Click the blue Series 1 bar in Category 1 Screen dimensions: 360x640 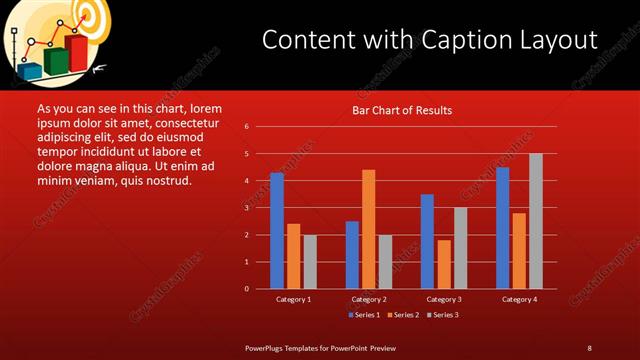click(x=277, y=231)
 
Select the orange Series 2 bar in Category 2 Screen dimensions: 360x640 click(x=368, y=229)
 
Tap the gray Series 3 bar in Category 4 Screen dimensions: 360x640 click(x=536, y=221)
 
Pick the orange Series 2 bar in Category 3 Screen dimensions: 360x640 click(x=444, y=264)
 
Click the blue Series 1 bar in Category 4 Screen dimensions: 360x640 click(x=503, y=228)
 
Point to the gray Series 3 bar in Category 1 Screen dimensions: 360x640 click(x=310, y=262)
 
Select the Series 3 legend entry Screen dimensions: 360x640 click(x=443, y=315)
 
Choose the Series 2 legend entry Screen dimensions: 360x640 click(x=404, y=315)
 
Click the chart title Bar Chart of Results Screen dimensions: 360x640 click(x=402, y=110)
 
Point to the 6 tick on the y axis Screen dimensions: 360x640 click(x=246, y=127)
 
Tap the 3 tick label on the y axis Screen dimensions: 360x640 click(x=246, y=208)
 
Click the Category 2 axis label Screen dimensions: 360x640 click(x=369, y=299)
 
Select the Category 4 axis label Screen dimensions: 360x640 click(x=519, y=299)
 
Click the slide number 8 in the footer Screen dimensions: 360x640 click(x=589, y=347)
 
